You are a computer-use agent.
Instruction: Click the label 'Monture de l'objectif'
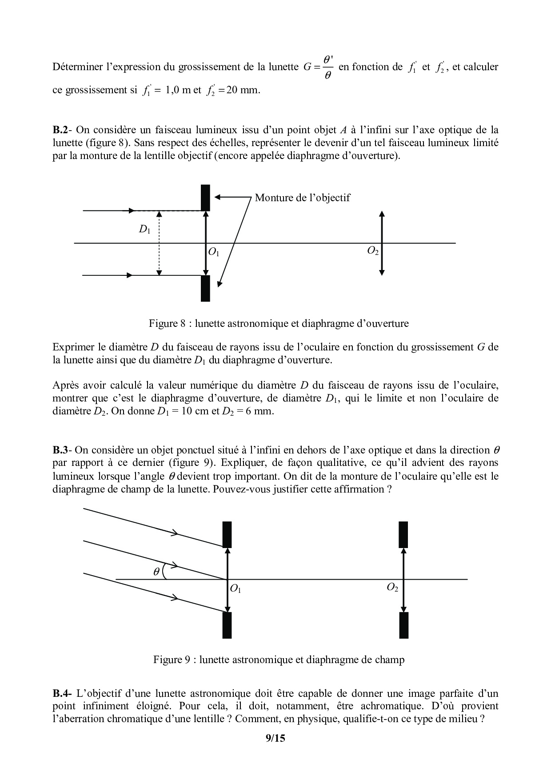(302, 198)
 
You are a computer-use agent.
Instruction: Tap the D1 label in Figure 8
(144, 230)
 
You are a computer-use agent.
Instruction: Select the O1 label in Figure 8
(214, 252)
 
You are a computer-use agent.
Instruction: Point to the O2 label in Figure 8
(373, 251)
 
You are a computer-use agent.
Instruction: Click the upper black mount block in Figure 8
(205, 198)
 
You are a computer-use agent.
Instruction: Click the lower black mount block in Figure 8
(205, 288)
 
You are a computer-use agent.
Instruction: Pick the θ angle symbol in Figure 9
(156, 572)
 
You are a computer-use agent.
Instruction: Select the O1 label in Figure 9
(236, 589)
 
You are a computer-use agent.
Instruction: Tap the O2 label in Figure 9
(392, 587)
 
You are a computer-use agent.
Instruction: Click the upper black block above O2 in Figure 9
(403, 534)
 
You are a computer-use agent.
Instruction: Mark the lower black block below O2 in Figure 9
(403, 625)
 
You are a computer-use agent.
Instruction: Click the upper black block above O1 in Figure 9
(227, 534)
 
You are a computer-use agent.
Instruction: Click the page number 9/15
(275, 739)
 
